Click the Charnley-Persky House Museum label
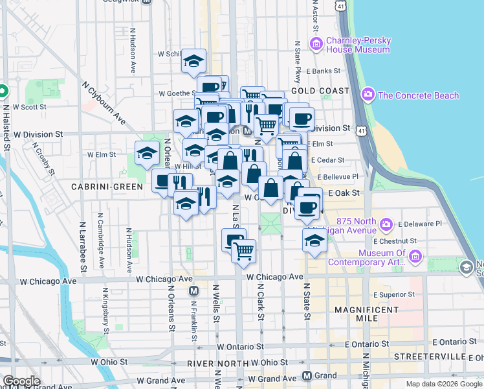[x=359, y=45]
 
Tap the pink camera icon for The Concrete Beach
[x=369, y=95]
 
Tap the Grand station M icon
[x=308, y=376]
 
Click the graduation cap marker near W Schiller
[x=193, y=60]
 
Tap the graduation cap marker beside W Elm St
[x=147, y=153]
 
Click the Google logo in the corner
[x=21, y=381]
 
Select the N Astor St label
[x=316, y=16]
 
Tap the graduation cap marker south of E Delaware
[x=314, y=241]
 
